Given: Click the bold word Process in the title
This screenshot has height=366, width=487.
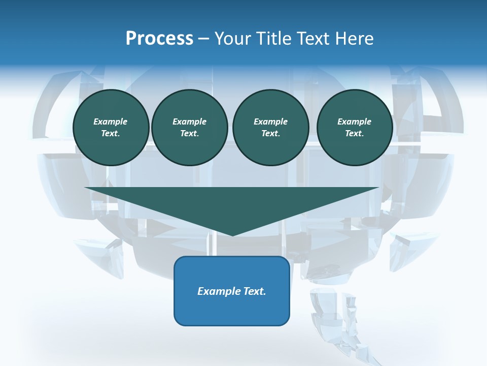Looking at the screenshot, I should (x=159, y=39).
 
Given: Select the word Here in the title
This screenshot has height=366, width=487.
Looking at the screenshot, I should (x=353, y=39).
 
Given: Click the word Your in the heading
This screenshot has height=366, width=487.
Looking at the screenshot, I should (x=234, y=39).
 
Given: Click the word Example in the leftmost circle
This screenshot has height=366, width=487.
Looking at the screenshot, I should (x=111, y=121).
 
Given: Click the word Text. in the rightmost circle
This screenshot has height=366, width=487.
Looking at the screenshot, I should (x=355, y=133).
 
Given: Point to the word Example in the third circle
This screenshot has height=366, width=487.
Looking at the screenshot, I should (x=270, y=121).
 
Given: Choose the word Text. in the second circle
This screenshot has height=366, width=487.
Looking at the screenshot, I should (x=190, y=133).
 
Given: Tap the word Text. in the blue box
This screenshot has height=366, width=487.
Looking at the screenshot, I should (x=255, y=291).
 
